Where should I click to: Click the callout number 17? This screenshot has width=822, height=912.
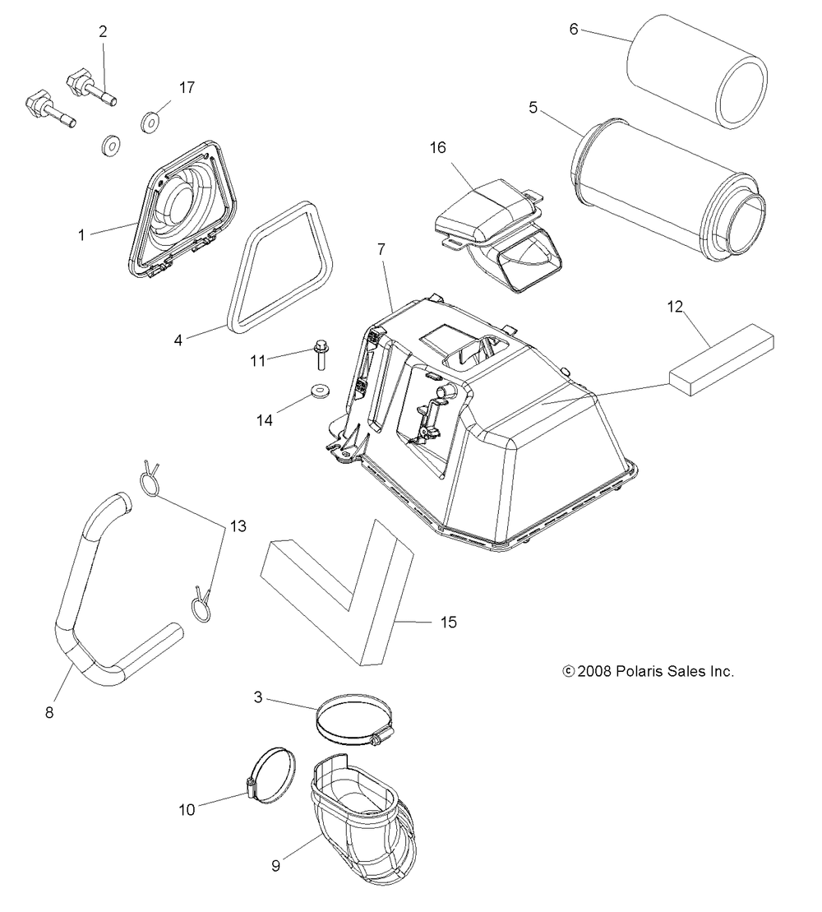(187, 87)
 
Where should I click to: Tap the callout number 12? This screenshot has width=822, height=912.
(675, 308)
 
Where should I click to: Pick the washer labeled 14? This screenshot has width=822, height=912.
(318, 390)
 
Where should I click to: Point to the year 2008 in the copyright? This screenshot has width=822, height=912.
(593, 671)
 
